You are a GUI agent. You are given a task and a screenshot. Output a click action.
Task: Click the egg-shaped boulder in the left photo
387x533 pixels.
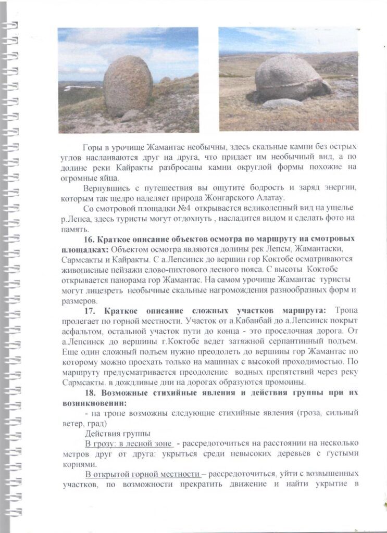pyautogui.click(x=128, y=86)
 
